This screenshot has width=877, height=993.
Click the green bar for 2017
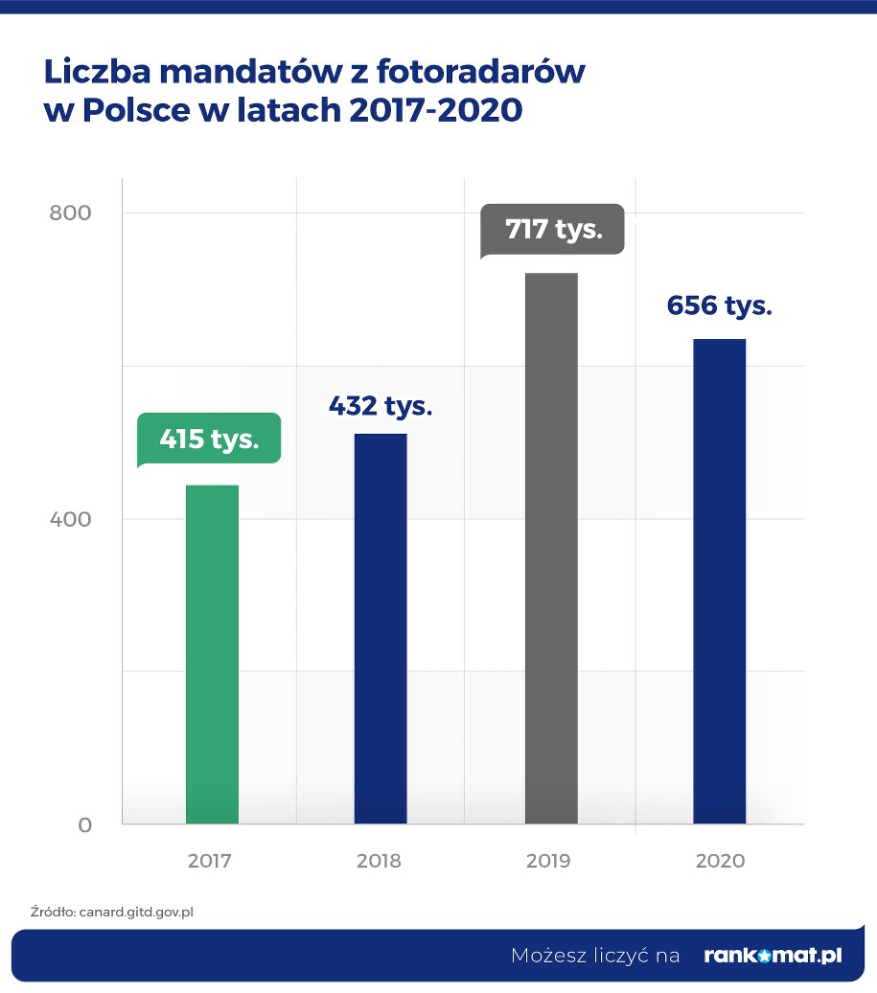(212, 654)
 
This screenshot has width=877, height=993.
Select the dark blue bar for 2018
(381, 628)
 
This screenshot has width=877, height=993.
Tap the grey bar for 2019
(551, 548)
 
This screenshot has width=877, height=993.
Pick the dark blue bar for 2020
(720, 581)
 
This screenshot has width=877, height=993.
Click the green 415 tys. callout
(209, 440)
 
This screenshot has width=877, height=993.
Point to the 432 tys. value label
(381, 405)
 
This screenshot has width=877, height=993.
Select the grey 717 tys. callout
(553, 230)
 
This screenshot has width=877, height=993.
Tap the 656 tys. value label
(719, 306)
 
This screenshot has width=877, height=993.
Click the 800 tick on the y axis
(70, 213)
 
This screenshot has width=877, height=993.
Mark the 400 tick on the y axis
(70, 519)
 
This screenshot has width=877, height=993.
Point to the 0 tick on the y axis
(84, 825)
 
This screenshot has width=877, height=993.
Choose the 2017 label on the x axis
(210, 861)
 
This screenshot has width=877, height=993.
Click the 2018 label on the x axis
(379, 861)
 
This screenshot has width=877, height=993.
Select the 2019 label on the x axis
(548, 861)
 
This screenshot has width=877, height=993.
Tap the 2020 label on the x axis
(720, 861)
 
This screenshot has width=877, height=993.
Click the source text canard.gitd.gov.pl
(135, 913)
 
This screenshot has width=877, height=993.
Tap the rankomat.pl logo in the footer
(773, 956)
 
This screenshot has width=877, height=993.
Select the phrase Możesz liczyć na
(595, 956)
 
